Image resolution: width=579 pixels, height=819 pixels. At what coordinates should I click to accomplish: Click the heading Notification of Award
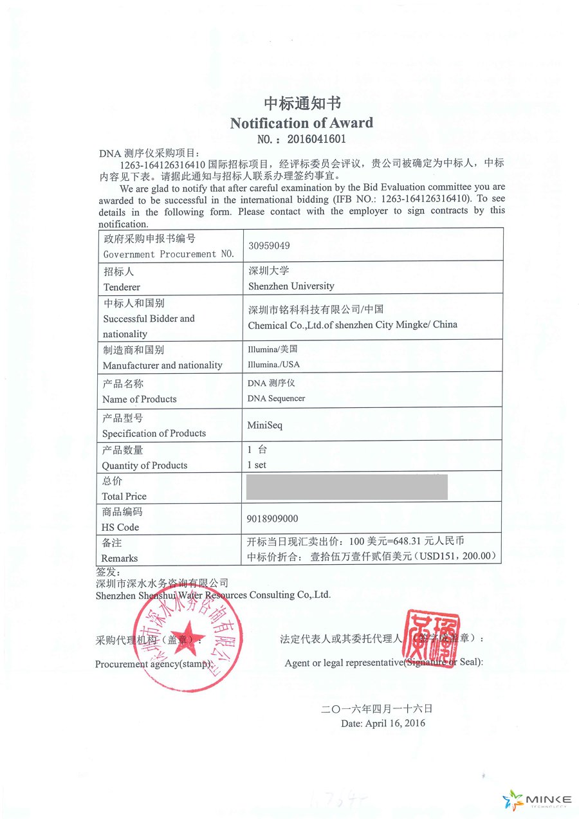pos(301,123)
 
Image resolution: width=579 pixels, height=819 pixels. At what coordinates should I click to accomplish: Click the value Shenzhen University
pos(291,286)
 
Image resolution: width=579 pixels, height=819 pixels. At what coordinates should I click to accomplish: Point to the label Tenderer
pos(121,287)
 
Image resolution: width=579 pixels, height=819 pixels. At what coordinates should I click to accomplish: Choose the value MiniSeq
pos(264,425)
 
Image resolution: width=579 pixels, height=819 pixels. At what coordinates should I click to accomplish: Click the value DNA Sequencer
pos(276,398)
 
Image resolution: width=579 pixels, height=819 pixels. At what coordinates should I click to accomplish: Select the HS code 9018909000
pos(272,519)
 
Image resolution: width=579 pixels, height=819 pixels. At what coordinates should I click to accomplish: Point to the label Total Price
pos(124,496)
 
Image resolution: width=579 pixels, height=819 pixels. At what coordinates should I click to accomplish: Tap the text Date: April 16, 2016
pos(383,723)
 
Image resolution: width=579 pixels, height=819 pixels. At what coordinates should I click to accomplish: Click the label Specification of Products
pos(154,433)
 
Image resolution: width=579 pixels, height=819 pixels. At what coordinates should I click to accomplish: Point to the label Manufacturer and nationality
pos(162,365)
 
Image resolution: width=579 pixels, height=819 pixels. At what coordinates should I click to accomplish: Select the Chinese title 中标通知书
pos(302,104)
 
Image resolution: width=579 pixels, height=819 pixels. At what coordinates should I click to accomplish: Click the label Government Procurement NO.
pos(169,254)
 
